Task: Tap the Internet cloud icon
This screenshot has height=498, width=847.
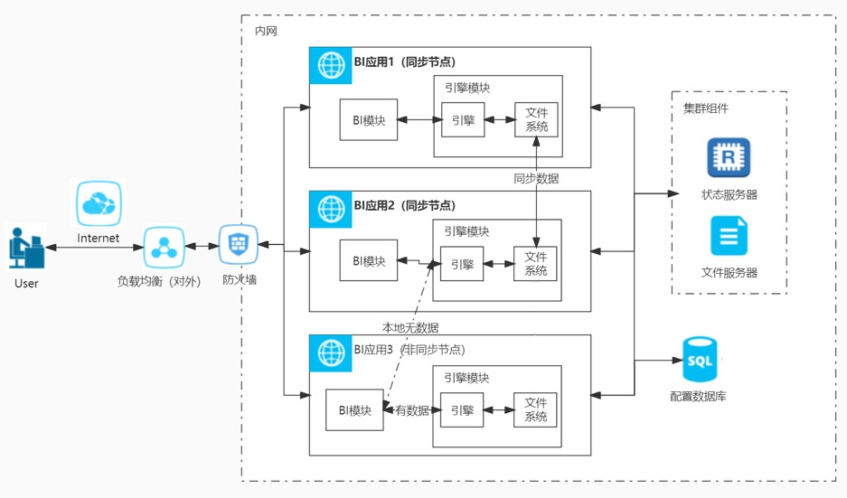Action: (x=98, y=204)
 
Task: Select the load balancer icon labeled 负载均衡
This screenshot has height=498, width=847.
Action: (x=165, y=246)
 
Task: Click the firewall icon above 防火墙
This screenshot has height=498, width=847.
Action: (x=239, y=244)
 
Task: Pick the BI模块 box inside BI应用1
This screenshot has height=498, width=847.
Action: (x=369, y=120)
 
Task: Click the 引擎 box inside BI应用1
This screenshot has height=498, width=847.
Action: (x=462, y=120)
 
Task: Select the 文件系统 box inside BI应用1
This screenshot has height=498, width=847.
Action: (x=536, y=120)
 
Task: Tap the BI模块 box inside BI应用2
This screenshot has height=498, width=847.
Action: (x=369, y=261)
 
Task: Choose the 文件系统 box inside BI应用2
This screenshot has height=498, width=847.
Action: (x=536, y=264)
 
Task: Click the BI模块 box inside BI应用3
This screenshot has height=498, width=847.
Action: (x=355, y=410)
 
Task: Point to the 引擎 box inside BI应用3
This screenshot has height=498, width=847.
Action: (x=461, y=410)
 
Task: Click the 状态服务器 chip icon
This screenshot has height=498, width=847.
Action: (x=729, y=158)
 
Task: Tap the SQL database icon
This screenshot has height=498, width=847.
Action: (x=701, y=360)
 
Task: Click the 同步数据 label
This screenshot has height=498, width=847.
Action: (x=536, y=179)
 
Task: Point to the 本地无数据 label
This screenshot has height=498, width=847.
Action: (x=410, y=326)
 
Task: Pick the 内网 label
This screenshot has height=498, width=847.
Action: (x=265, y=31)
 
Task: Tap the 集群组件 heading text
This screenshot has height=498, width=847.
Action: (x=706, y=108)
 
